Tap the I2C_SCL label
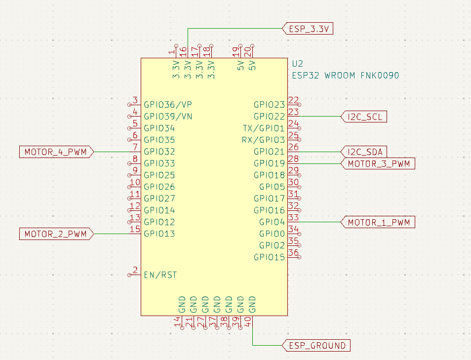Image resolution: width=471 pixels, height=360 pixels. tap(365, 117)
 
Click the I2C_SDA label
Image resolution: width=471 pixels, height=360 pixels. tap(365, 152)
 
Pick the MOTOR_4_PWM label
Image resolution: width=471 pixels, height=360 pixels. tap(55, 152)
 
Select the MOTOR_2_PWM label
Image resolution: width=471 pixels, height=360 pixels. tap(55, 234)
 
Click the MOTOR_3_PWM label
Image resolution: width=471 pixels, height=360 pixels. tap(379, 163)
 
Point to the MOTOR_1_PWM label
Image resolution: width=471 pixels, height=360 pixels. tap(379, 222)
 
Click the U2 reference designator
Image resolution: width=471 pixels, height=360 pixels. tap(297, 64)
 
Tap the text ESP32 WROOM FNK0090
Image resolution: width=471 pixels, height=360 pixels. tap(345, 76)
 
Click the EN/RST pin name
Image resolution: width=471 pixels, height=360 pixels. tap(160, 275)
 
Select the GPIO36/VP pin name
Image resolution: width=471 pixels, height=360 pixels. tap(168, 105)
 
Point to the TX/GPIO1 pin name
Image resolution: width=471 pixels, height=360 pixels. tap(264, 128)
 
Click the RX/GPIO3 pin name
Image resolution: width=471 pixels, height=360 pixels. tap(263, 140)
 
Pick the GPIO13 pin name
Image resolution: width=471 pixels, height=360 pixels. tap(159, 234)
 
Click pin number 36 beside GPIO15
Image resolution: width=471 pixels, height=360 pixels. tap(293, 253)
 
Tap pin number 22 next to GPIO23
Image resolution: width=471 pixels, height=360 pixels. tap(293, 100)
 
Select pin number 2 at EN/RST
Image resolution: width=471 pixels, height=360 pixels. tap(134, 271)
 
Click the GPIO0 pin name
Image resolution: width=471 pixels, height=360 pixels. tap(272, 234)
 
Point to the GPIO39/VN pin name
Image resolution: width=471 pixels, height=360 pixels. tap(168, 117)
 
